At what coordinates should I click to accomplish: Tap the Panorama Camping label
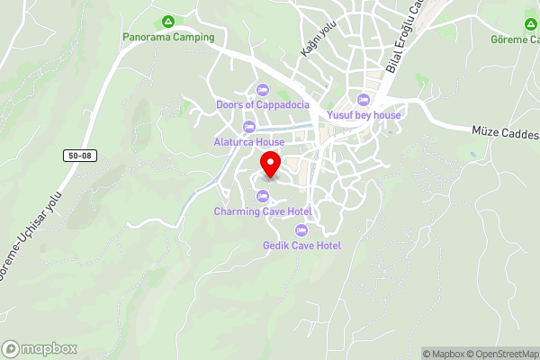click(168, 37)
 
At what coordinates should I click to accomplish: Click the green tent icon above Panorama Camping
click(167, 22)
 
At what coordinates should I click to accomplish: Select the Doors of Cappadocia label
click(263, 104)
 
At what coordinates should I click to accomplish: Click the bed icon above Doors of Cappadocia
click(263, 89)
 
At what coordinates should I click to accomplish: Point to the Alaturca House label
click(249, 142)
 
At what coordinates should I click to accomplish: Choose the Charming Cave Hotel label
click(263, 211)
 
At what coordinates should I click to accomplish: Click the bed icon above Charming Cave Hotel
click(263, 196)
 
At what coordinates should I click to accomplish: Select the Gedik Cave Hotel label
click(301, 245)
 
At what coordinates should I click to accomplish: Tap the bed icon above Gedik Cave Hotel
click(301, 229)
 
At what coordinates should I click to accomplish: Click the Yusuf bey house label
click(364, 115)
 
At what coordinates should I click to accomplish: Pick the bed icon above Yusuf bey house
click(364, 99)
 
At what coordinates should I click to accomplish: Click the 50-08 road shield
click(78, 156)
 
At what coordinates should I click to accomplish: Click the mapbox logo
click(40, 348)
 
